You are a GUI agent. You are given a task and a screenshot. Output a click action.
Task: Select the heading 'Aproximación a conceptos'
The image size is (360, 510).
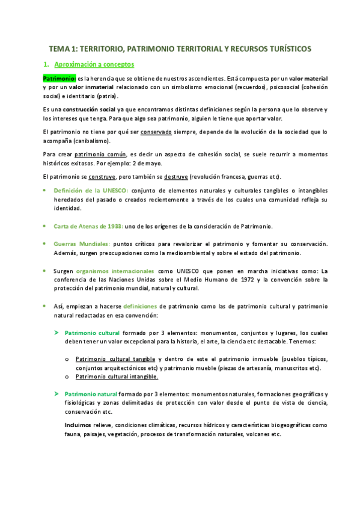point(94,64)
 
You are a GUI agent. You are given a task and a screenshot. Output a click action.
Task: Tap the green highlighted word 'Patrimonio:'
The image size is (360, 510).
point(59,78)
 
